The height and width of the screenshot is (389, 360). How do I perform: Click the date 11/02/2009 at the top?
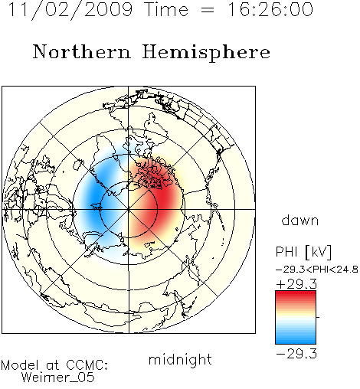coord(70,10)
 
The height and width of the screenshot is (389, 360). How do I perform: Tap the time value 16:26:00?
coord(270,9)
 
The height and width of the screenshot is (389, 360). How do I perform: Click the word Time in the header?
coord(166,9)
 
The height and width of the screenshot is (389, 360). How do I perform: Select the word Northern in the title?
coord(81,51)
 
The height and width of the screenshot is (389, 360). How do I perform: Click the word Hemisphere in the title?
coord(206,53)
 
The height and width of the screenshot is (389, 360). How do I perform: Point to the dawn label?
coord(300,220)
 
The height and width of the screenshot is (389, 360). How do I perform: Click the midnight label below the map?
coord(180,359)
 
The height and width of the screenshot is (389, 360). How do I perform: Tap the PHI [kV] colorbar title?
coord(303,252)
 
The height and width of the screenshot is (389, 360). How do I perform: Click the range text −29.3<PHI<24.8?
coord(317,270)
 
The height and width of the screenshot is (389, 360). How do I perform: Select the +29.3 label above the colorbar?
coord(296,284)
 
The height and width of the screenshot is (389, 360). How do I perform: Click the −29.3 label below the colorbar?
coord(296,354)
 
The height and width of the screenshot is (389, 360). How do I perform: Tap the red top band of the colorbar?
coord(296,294)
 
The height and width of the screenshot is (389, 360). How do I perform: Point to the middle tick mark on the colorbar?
coord(318,317)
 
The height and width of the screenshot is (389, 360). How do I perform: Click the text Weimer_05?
coord(57,378)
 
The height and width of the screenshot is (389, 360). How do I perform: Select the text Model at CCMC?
coord(54,365)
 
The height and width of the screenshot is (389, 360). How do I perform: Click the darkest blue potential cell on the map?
coord(95,198)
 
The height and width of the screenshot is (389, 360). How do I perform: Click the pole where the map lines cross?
coord(129,209)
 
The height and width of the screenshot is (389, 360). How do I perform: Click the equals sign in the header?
coord(208,11)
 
